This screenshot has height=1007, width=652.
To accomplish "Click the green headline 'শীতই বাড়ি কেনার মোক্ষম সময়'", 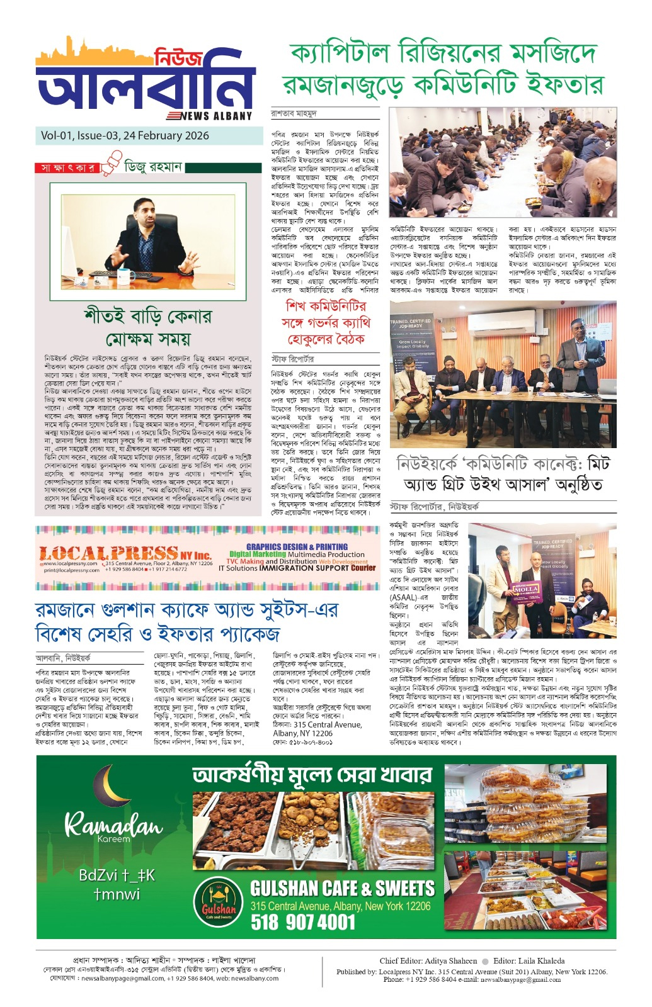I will click(x=149, y=327).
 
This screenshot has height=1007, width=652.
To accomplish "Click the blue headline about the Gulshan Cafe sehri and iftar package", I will click(x=186, y=621).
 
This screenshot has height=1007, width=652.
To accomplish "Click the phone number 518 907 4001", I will click(x=303, y=922).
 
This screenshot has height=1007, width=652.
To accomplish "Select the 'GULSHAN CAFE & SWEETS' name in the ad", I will click(x=342, y=888).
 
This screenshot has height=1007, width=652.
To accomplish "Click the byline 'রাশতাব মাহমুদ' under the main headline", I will click(x=294, y=114).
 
